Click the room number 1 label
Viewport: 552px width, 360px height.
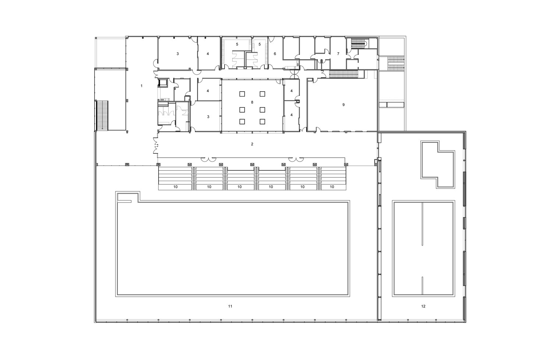click(141, 86)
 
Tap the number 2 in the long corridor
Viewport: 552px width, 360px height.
click(252, 144)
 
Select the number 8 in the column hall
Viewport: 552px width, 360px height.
click(252, 102)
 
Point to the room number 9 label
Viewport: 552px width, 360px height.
click(343, 105)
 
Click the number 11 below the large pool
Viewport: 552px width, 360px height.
click(230, 306)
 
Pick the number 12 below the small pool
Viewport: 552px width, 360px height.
click(423, 306)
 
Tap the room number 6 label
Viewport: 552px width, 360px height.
click(275, 54)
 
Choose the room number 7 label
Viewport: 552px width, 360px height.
click(338, 54)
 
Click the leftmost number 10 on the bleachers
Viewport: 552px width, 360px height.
click(176, 187)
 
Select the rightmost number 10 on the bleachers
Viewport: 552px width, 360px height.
click(332, 187)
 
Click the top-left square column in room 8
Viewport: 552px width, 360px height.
click(242, 94)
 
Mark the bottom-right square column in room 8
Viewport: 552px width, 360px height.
click(262, 121)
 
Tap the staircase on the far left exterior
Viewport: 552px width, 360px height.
click(102, 115)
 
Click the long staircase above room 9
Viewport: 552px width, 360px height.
click(343, 74)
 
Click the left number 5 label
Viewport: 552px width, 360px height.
click(237, 45)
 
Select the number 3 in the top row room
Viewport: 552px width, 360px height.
click(177, 54)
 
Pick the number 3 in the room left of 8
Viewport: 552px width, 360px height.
click(208, 117)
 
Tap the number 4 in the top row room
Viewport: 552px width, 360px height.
click(208, 54)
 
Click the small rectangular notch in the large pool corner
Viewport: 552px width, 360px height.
click(124, 198)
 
